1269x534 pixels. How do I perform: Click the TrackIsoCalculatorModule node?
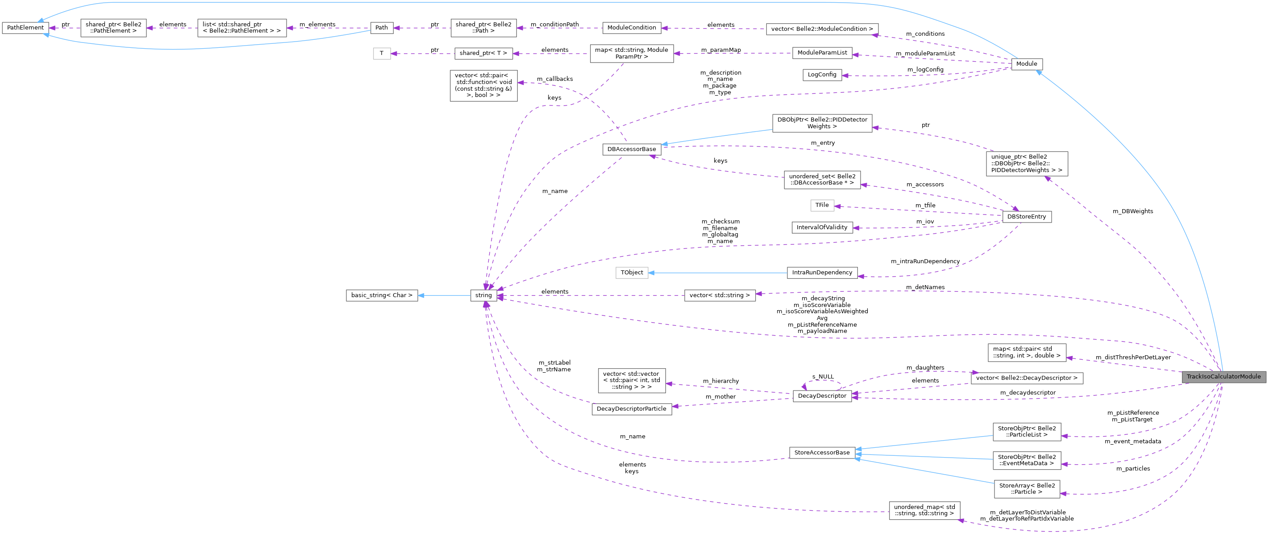(x=1223, y=377)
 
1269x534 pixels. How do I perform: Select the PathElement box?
(x=25, y=28)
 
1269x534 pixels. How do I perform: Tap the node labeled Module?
(x=1027, y=63)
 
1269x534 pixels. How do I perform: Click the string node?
(x=483, y=295)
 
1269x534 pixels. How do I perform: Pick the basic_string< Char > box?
(x=381, y=295)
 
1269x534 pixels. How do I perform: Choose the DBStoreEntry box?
(x=1027, y=216)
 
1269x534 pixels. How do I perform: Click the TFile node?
(x=822, y=205)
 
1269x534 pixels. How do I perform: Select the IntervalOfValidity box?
(x=822, y=227)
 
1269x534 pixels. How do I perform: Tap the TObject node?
(x=632, y=272)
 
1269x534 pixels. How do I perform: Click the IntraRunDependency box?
(x=822, y=272)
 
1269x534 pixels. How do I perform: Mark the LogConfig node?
(x=822, y=75)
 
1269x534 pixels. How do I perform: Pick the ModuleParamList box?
(x=822, y=53)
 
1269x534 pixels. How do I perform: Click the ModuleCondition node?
(x=632, y=28)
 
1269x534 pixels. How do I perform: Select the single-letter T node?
(x=381, y=53)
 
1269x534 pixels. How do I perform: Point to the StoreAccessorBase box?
(x=822, y=452)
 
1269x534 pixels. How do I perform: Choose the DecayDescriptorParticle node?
(x=632, y=409)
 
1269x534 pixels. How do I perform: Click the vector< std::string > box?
(x=719, y=295)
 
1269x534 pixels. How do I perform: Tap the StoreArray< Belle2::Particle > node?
(x=1027, y=488)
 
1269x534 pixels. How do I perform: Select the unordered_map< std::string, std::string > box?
(x=924, y=510)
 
